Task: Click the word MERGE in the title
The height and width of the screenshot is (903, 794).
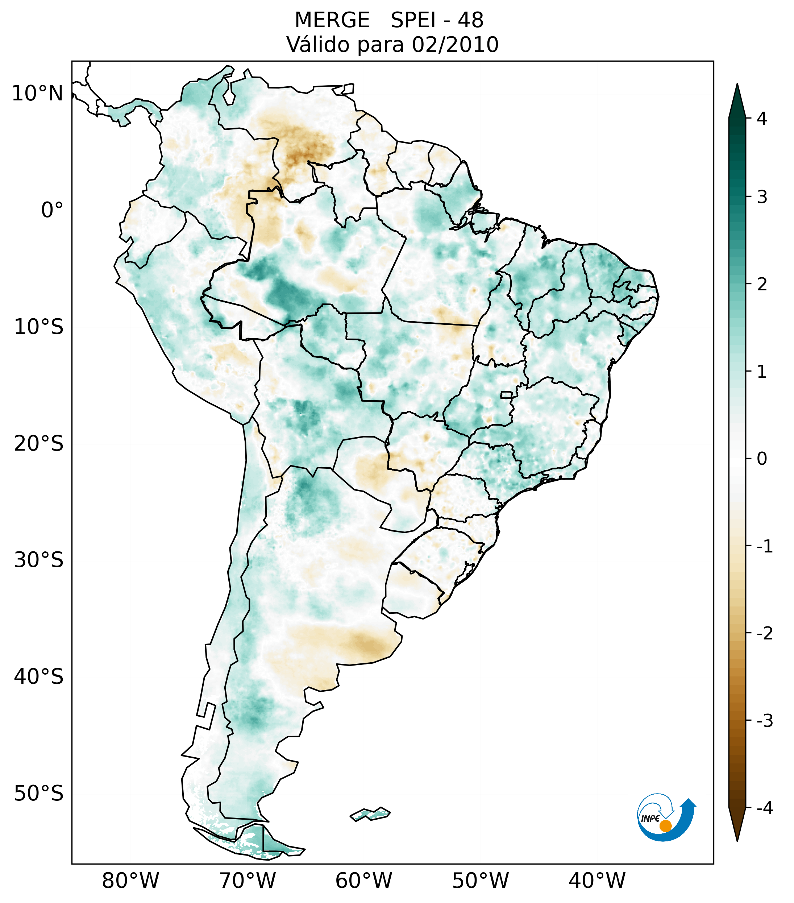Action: pos(332,20)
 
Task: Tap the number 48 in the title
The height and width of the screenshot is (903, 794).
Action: pos(470,20)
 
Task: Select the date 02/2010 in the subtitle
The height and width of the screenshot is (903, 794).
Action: pos(455,45)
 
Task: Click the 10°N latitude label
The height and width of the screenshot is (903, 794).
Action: pos(38,94)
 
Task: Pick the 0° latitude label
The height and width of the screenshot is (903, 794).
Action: pos(52,210)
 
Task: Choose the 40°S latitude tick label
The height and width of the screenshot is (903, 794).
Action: pos(39,676)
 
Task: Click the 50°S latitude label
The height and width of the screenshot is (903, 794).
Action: pos(39,794)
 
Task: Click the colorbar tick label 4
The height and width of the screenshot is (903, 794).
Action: pos(762,119)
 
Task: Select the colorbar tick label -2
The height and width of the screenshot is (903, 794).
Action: pos(764,634)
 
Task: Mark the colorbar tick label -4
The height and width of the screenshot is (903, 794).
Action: pos(764,808)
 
